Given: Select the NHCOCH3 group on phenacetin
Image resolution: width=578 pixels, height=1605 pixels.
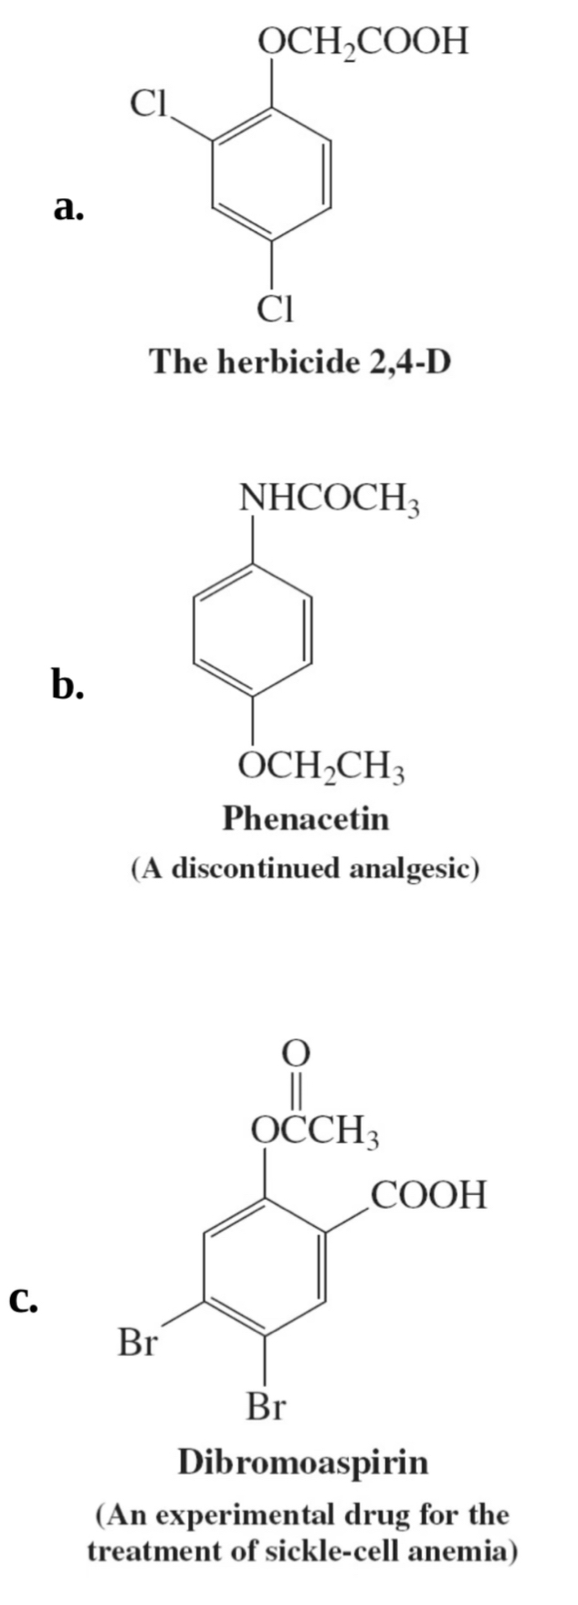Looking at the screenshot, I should (x=328, y=499).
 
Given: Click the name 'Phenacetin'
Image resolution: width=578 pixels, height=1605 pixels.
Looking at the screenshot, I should (x=305, y=817).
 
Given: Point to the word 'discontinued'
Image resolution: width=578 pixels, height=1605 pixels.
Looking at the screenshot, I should (x=257, y=866).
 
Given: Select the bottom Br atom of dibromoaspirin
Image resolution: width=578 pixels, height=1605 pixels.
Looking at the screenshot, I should (x=266, y=1407).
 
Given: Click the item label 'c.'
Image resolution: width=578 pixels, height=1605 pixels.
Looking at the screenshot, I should (x=24, y=1297).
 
